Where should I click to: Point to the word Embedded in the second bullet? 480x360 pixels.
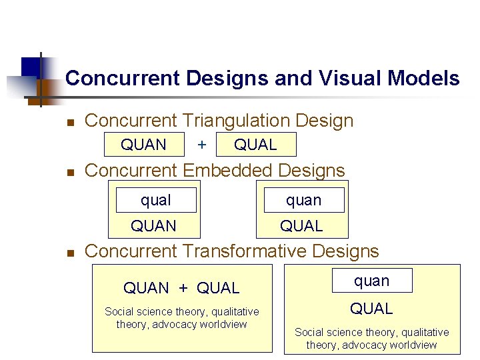pyautogui.click(x=229, y=171)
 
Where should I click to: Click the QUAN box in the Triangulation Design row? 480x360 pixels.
pyautogui.click(x=143, y=145)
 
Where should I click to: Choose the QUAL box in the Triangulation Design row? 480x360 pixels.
pyautogui.click(x=255, y=145)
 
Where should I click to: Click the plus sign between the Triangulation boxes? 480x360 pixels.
pyautogui.click(x=202, y=145)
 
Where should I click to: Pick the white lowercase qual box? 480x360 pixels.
pyautogui.click(x=156, y=200)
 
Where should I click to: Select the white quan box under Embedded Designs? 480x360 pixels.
pyautogui.click(x=304, y=200)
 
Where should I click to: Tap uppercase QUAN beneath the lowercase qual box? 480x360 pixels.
pyautogui.click(x=153, y=226)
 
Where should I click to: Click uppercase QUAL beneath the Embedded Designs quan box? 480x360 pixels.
pyautogui.click(x=301, y=226)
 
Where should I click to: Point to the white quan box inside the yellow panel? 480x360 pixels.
pyautogui.click(x=371, y=281)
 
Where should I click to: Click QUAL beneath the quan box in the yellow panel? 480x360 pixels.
pyautogui.click(x=371, y=309)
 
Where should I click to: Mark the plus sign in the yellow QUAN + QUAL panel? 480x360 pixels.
pyautogui.click(x=183, y=288)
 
